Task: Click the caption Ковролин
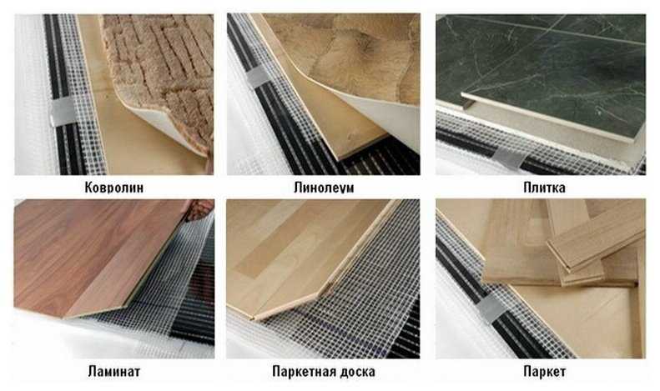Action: tap(114, 187)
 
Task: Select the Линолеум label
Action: tap(324, 187)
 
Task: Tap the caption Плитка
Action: tap(544, 187)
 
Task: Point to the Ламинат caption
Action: tap(114, 371)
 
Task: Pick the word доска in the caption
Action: tap(355, 371)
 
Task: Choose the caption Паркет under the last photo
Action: tap(544, 371)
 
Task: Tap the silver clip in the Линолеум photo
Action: tap(258, 77)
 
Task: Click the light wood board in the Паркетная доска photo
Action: tap(303, 257)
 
